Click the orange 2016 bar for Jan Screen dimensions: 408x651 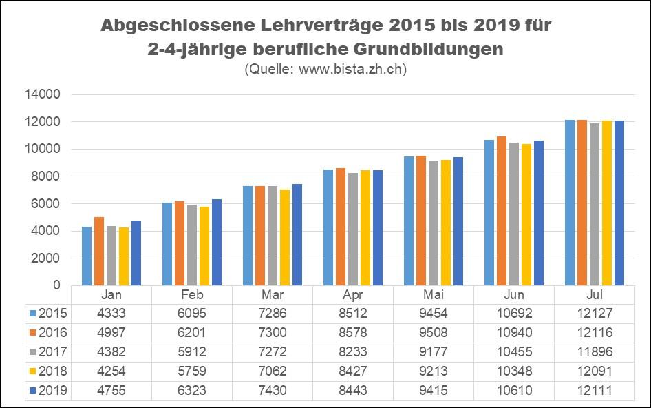pyautogui.click(x=99, y=252)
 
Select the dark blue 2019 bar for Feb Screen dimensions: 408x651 pyautogui.click(x=217, y=243)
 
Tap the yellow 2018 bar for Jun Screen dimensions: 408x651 pyautogui.click(x=527, y=214)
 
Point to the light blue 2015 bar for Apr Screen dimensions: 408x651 pyautogui.click(x=329, y=227)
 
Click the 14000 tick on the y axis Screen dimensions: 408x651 pyautogui.click(x=46, y=94)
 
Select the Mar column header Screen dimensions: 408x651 pyautogui.click(x=273, y=294)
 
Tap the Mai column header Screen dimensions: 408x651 pyautogui.click(x=434, y=294)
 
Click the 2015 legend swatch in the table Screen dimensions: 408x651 pyautogui.click(x=34, y=314)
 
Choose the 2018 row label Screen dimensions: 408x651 pyautogui.click(x=53, y=371)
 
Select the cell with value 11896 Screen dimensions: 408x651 pyautogui.click(x=595, y=352)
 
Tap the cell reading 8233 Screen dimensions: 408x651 pyautogui.click(x=353, y=352)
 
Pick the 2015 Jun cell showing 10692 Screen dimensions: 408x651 pyautogui.click(x=514, y=314)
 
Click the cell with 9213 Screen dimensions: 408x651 pyautogui.click(x=434, y=371)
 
